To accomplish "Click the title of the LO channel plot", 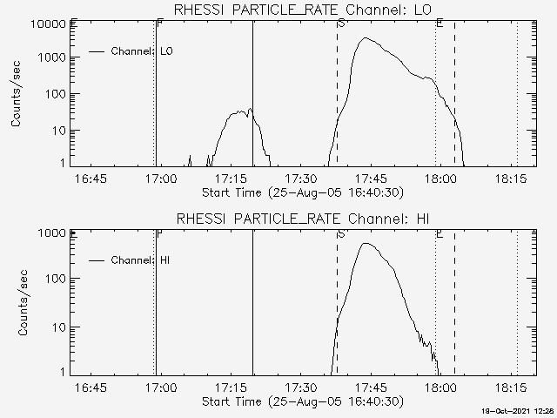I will click(303, 10).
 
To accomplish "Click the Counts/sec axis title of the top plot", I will click(17, 94).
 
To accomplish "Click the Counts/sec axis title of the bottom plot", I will click(17, 303).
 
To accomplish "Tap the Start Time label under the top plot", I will click(301, 192).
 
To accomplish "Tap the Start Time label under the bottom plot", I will click(301, 401).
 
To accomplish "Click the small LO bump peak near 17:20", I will click(250, 110).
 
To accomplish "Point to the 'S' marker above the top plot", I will click(340, 23).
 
